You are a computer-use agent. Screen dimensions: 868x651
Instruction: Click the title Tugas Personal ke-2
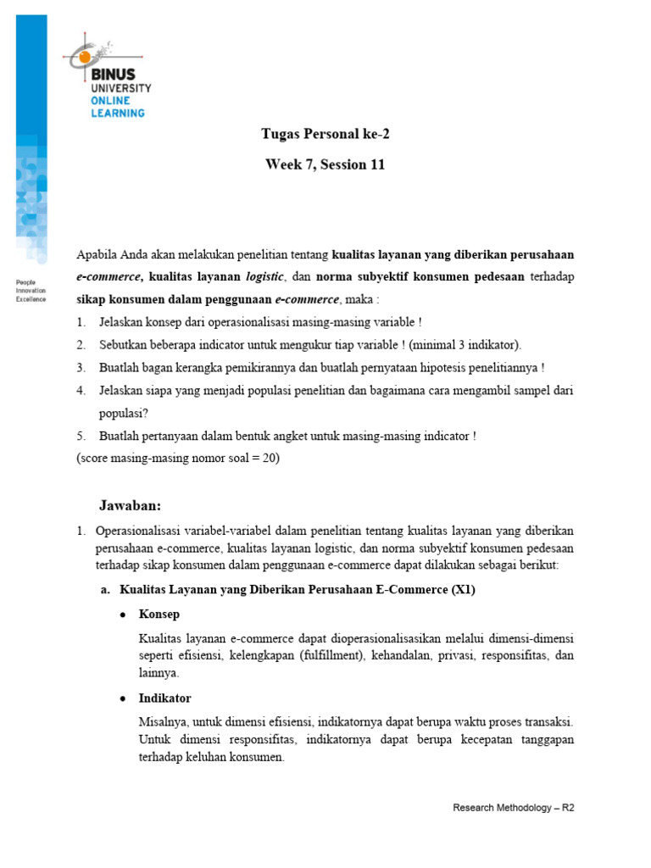325,134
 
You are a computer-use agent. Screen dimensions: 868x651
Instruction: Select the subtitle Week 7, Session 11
325,164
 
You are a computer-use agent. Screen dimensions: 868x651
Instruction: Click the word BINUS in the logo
113,75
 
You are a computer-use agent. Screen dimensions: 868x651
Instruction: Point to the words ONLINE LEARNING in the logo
118,106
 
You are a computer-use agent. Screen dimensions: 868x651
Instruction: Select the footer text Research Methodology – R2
514,808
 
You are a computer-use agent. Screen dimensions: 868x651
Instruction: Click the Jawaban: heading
130,505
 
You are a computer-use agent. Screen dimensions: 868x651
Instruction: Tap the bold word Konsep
159,614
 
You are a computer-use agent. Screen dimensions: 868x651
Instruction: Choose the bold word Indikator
164,698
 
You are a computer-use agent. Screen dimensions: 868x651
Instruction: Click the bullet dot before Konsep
124,615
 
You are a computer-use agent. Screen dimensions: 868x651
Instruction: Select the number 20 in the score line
266,459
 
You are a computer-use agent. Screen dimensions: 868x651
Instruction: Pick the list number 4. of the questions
81,390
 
